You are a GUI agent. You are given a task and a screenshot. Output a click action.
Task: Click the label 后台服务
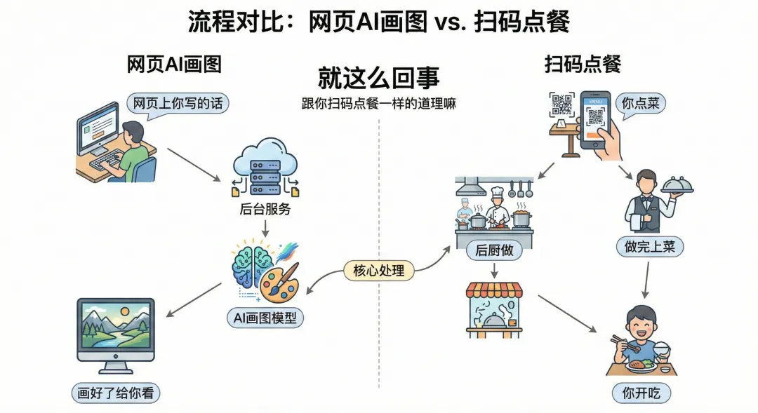[x=265, y=210]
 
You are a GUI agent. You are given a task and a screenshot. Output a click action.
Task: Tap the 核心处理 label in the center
[x=379, y=270]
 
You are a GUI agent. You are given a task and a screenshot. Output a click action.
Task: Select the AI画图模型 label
[x=265, y=318]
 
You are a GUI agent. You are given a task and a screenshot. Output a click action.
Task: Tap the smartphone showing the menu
[x=595, y=119]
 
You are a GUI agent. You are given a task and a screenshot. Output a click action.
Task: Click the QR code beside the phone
[x=562, y=105]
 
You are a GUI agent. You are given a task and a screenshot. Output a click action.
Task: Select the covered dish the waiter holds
[x=677, y=184]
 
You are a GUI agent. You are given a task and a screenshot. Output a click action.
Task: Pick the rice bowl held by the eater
[x=661, y=348]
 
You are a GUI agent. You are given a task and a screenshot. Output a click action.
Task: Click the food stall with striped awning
[x=495, y=309]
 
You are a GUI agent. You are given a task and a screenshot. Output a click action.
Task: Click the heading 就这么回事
[x=378, y=76]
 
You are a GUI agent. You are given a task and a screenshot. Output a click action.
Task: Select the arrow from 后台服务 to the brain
[x=265, y=229]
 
